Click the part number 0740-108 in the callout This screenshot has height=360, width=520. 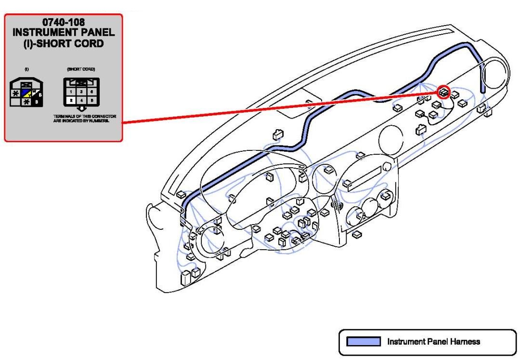(x=64, y=22)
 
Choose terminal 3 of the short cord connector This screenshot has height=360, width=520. (x=81, y=92)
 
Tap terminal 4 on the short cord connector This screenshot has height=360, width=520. (x=81, y=100)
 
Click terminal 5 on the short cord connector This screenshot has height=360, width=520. (x=91, y=100)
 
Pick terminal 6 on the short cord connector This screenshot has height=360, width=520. (x=91, y=92)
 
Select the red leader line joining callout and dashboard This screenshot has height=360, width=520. (x=279, y=107)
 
